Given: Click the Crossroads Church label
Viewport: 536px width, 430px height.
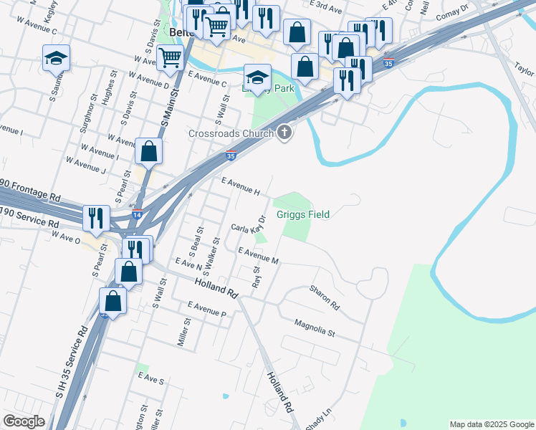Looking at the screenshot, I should (231, 133).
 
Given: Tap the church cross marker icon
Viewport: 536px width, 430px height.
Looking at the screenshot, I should (284, 133).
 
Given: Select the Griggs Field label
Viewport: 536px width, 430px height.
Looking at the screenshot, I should (307, 214).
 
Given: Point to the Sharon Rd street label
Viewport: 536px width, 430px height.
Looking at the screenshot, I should (324, 297).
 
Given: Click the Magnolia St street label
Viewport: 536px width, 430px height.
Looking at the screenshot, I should (315, 328).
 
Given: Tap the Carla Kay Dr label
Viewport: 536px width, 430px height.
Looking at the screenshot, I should (249, 229).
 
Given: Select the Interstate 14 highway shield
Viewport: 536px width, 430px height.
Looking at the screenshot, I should (137, 214).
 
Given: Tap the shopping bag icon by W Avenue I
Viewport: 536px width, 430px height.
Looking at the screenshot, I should (148, 151).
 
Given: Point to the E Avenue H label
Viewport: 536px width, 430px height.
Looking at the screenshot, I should (240, 186).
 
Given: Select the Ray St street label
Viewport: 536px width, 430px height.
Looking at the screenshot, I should (256, 277).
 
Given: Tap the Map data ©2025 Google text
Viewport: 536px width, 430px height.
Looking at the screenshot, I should (492, 424).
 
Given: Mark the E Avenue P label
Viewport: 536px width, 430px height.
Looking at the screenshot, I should (206, 310).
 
